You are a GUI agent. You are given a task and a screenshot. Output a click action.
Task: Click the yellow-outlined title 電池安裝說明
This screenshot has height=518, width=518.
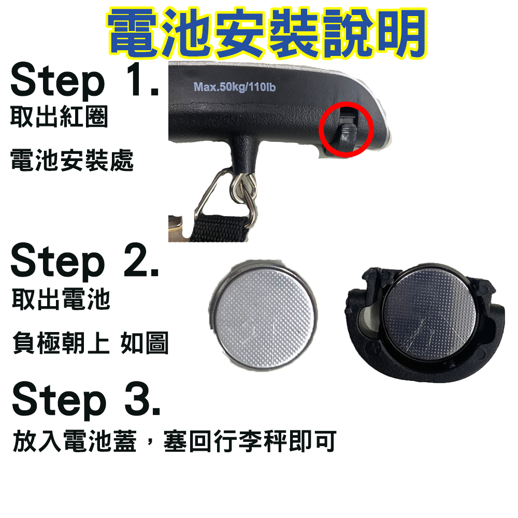267,33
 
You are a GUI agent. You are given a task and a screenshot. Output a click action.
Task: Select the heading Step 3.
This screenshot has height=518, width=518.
86,400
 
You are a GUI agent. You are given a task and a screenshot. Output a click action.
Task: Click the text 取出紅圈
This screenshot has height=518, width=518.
60,116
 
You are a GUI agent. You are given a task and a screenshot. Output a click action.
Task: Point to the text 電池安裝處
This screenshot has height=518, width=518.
72,160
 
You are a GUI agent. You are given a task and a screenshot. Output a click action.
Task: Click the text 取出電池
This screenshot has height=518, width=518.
61,299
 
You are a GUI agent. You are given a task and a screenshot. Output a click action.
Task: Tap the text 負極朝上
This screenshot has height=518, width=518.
61,342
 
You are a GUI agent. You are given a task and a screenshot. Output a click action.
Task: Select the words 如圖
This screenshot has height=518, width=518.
145,342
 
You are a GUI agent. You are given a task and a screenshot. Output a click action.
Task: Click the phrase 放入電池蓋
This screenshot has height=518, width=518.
75,441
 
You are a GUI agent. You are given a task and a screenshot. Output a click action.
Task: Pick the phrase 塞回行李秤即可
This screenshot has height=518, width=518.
250,441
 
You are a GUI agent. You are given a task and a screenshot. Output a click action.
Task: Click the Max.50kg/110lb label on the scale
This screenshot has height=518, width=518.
234,87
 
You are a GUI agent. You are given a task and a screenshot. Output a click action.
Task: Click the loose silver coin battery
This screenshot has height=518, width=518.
262,314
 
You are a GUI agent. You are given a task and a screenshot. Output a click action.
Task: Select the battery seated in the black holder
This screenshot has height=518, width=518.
430,314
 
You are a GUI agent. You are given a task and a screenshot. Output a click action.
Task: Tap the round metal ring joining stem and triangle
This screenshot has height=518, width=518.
242,189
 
